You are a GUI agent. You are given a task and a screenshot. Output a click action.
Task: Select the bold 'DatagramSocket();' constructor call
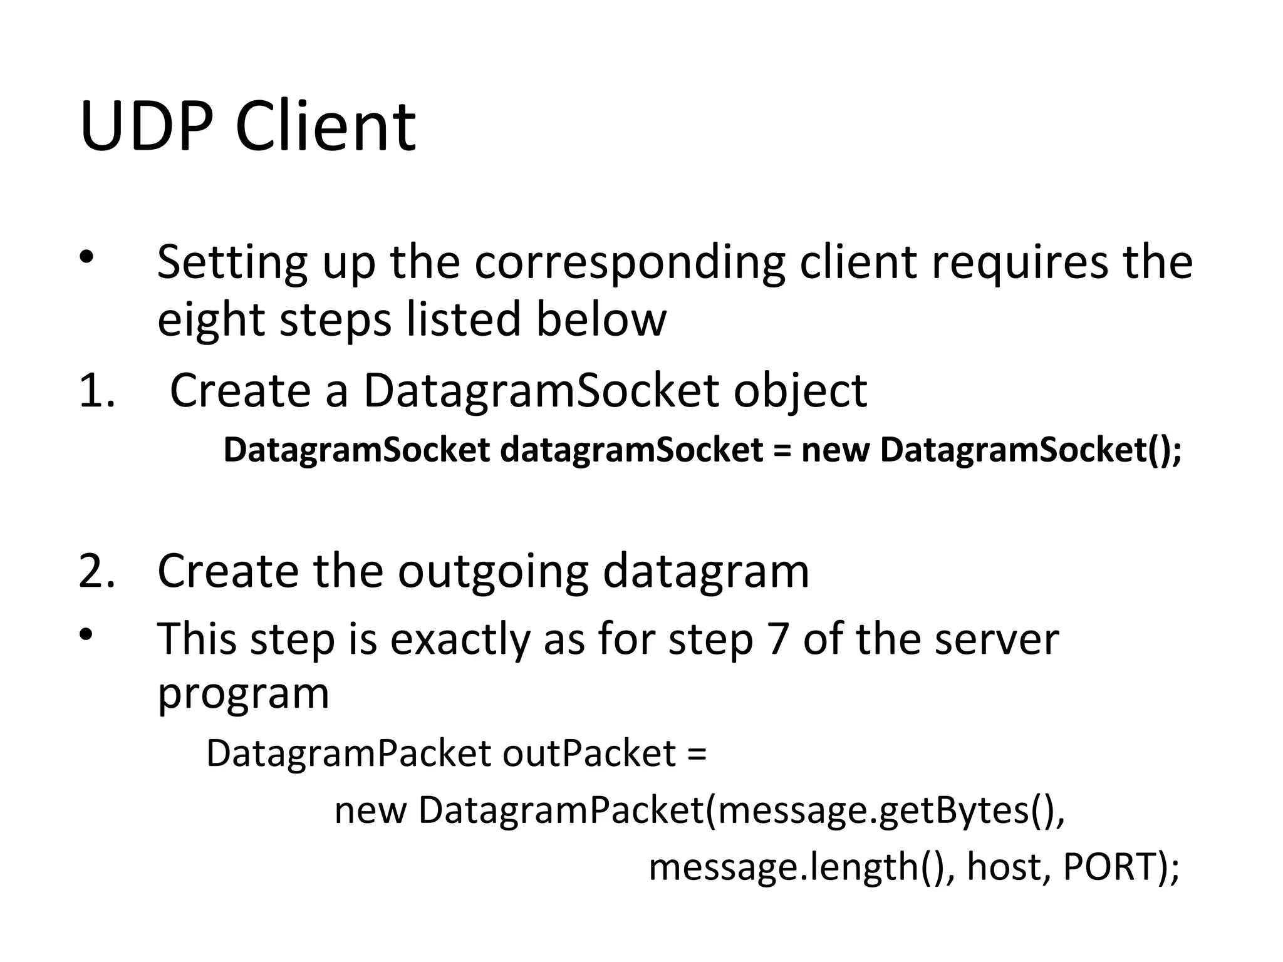tap(1031, 450)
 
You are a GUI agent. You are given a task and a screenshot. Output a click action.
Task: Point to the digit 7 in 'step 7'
tap(776, 639)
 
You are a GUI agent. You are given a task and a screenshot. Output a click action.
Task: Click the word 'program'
tap(243, 694)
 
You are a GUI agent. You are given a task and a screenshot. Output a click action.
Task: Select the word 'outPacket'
tap(589, 753)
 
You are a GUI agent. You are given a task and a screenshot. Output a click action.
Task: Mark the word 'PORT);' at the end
tap(1121, 867)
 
